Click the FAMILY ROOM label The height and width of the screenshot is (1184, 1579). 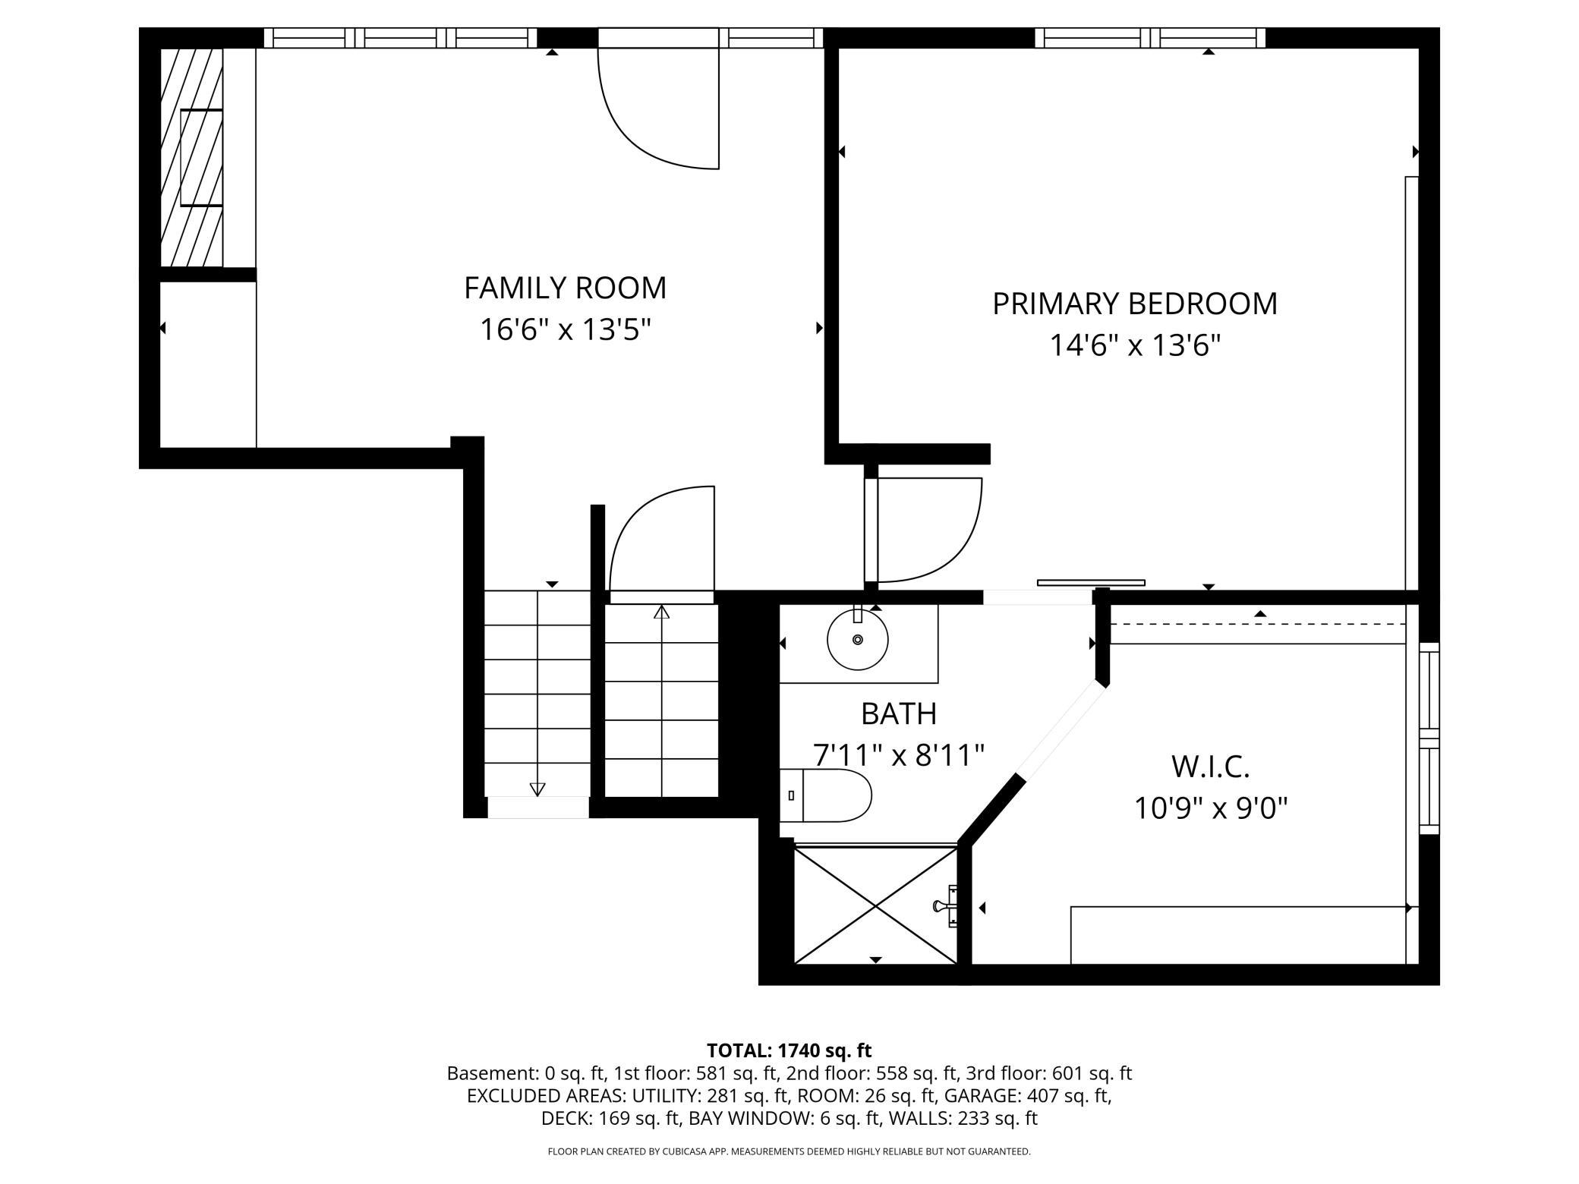[565, 288]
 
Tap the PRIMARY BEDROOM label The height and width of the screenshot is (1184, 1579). [1134, 304]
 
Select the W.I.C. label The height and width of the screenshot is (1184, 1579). [1210, 767]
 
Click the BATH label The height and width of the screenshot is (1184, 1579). [898, 713]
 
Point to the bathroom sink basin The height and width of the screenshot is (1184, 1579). [858, 640]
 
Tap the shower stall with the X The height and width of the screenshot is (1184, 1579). [875, 906]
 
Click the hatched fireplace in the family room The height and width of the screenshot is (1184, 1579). [191, 158]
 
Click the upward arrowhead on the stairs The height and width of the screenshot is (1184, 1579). [661, 612]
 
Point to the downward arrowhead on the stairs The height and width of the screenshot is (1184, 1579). [537, 789]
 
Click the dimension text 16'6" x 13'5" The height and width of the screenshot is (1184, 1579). [565, 330]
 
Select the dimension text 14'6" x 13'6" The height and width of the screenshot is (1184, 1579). [1134, 346]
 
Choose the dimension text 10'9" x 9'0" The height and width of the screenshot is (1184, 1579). [1210, 808]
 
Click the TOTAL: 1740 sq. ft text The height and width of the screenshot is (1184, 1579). [789, 1050]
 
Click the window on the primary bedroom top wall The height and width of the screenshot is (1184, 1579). [1150, 38]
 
